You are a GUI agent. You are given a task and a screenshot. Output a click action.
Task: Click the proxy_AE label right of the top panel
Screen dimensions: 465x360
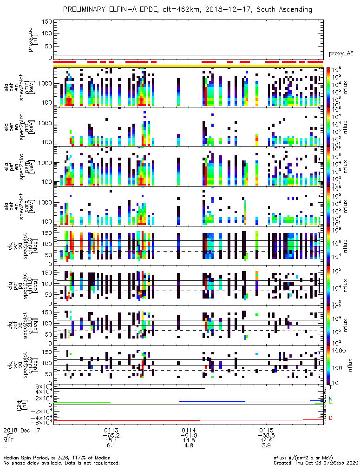(x=342, y=53)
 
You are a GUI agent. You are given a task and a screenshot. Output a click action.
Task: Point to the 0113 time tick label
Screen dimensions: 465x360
(x=110, y=430)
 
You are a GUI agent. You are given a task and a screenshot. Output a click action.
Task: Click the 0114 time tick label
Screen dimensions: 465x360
(x=188, y=430)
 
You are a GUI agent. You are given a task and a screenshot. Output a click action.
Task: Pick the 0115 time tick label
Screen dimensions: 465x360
(x=266, y=430)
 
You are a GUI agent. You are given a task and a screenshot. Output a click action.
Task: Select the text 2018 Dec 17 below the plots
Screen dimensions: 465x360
(x=20, y=430)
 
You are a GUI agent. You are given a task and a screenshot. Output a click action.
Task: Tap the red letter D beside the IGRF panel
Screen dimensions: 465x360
(x=331, y=418)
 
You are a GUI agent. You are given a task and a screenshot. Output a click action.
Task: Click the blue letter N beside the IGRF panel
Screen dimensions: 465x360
(x=331, y=399)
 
